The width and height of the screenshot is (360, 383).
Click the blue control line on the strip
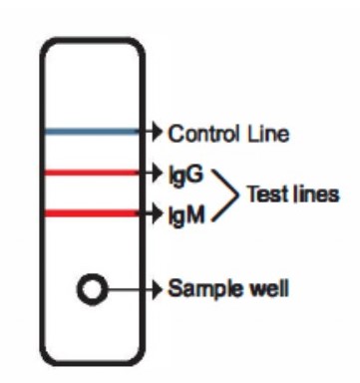pyautogui.click(x=92, y=132)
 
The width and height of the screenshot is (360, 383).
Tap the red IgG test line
pyautogui.click(x=92, y=173)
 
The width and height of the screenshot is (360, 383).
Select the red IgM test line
pyautogui.click(x=92, y=212)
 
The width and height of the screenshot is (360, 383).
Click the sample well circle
pyautogui.click(x=92, y=289)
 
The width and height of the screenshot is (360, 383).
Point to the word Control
pyautogui.click(x=203, y=134)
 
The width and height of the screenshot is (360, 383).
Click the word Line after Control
pyautogui.click(x=268, y=134)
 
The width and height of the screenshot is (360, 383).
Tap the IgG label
pyautogui.click(x=185, y=175)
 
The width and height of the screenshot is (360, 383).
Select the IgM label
pyautogui.click(x=186, y=215)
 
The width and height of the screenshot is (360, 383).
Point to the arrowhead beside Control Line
pyautogui.click(x=157, y=132)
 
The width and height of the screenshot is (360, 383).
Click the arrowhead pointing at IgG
pyautogui.click(x=157, y=173)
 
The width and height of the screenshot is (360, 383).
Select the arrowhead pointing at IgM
pyautogui.click(x=157, y=212)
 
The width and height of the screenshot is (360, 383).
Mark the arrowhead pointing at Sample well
pyautogui.click(x=157, y=289)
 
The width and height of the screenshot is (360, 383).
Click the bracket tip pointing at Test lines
pyautogui.click(x=238, y=194)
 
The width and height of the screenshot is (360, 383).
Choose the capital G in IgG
pyautogui.click(x=194, y=174)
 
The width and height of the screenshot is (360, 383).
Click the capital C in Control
pyautogui.click(x=177, y=134)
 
